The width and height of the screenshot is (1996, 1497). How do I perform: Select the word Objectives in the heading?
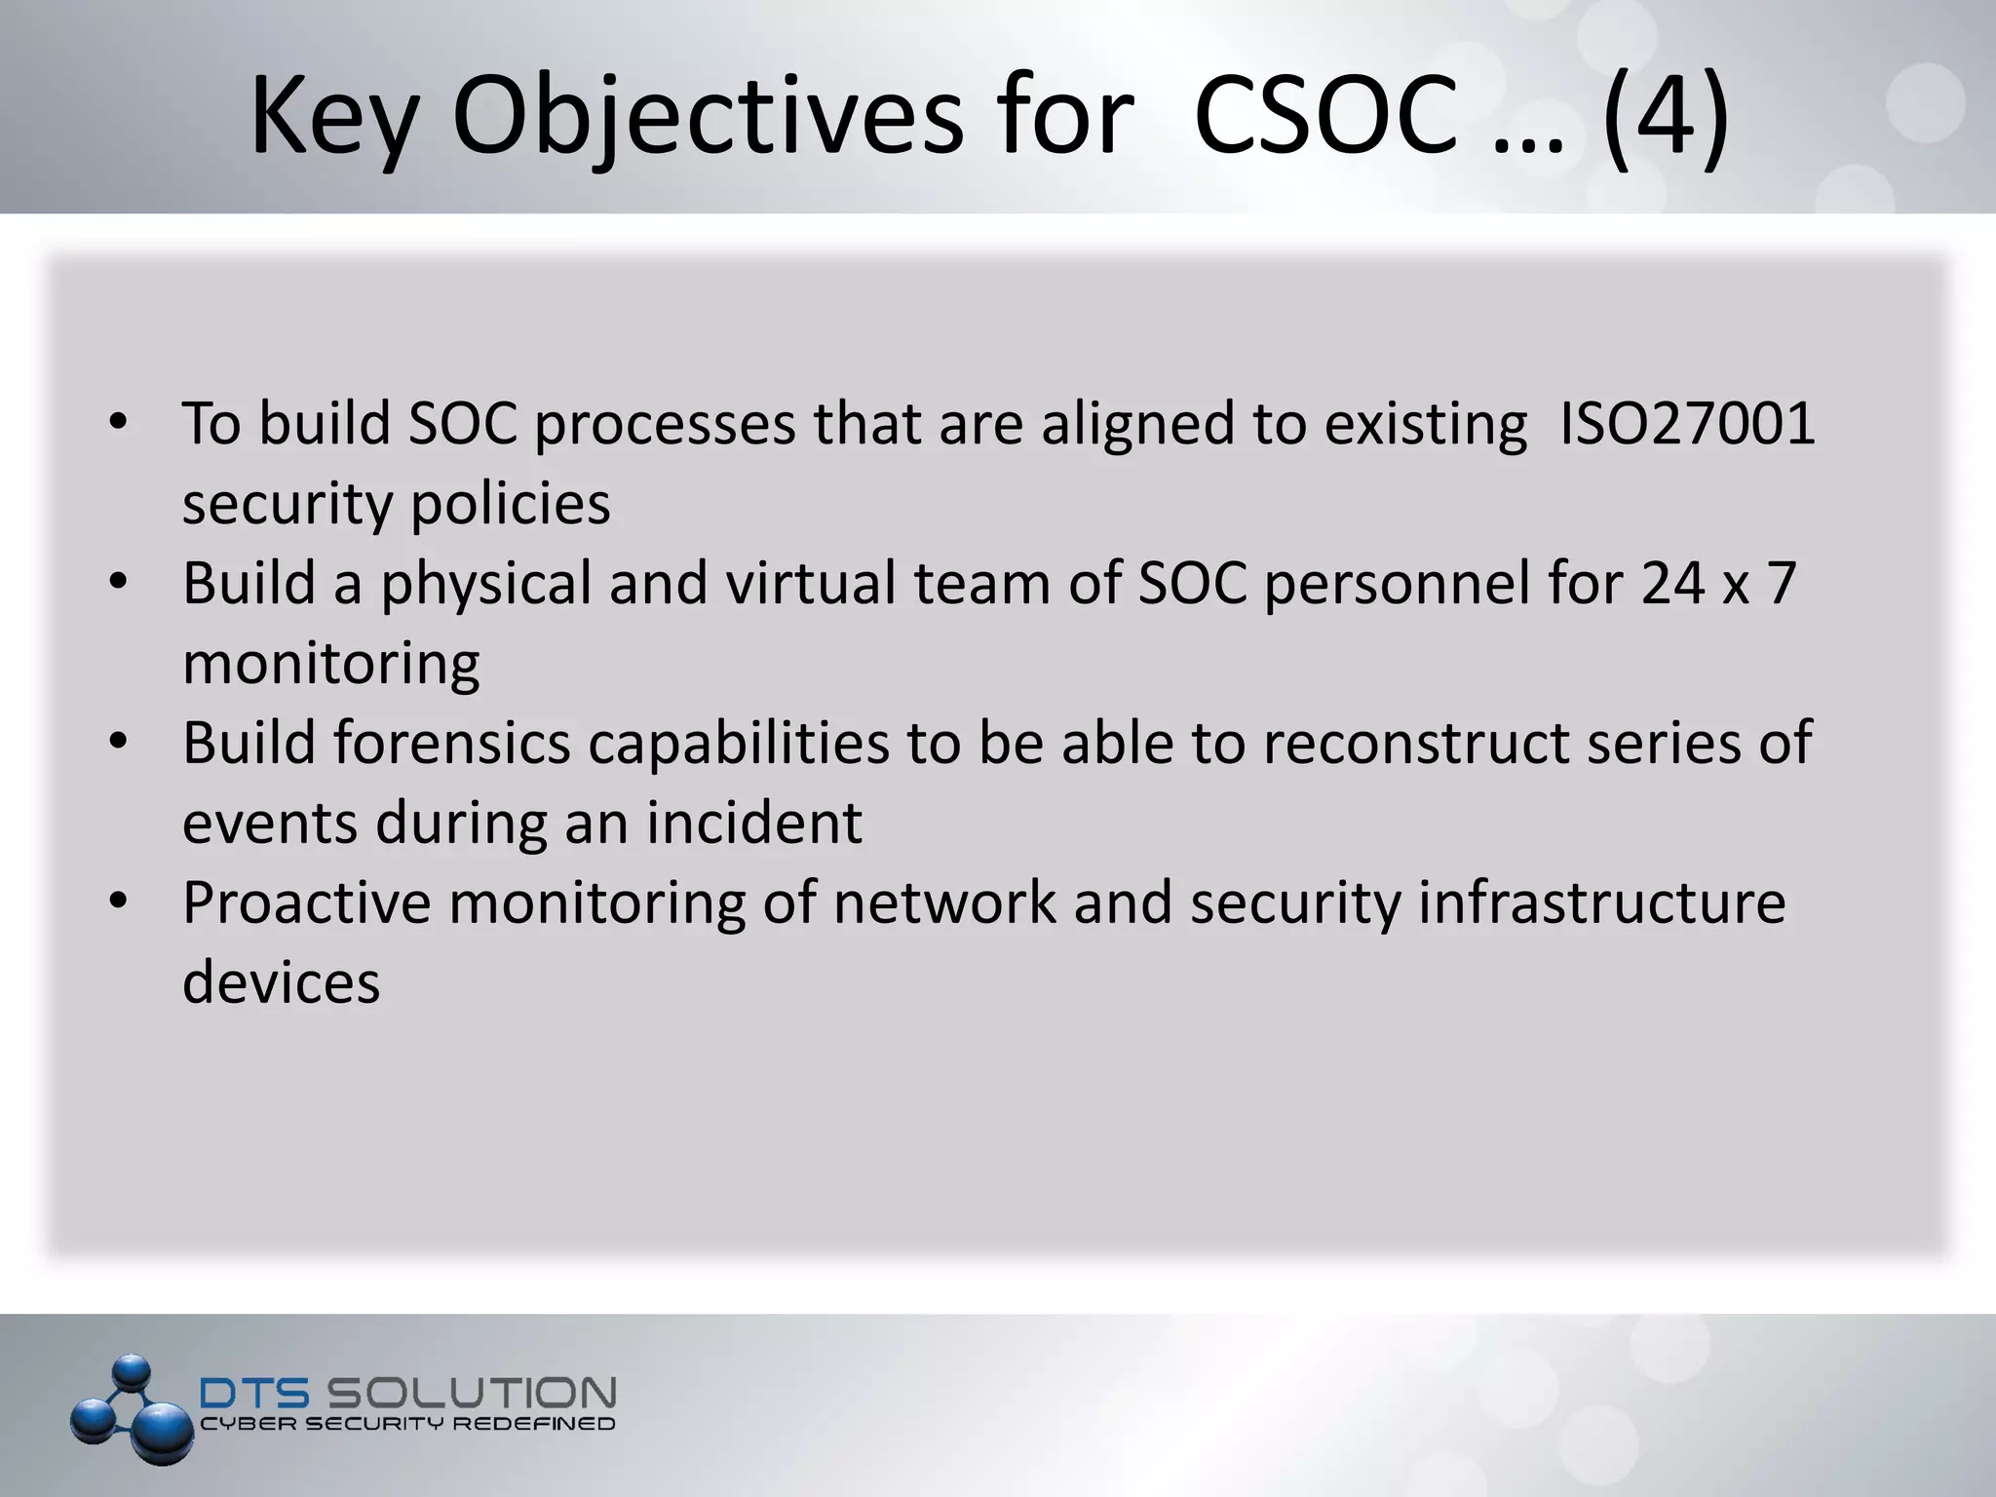(x=708, y=119)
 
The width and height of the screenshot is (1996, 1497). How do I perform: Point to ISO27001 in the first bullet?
(x=1687, y=424)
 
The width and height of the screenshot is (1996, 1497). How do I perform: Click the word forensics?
(x=452, y=744)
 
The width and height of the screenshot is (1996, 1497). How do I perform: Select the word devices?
(x=281, y=982)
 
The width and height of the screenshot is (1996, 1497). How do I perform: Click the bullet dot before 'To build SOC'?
(x=119, y=424)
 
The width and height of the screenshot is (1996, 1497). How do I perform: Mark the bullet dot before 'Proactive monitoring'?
(x=119, y=902)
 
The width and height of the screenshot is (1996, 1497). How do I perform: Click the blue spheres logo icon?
(x=133, y=1408)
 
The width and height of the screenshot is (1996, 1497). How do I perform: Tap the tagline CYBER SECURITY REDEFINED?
(x=407, y=1425)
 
